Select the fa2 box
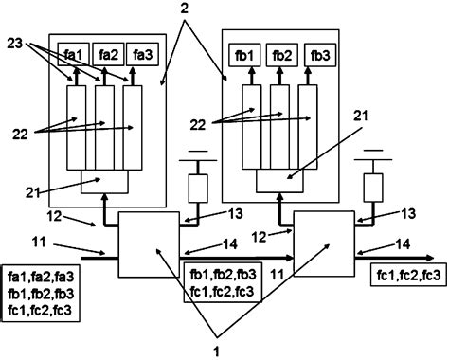(x=108, y=55)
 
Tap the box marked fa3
(x=141, y=55)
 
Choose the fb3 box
(x=316, y=55)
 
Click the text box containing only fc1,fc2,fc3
(x=404, y=275)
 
